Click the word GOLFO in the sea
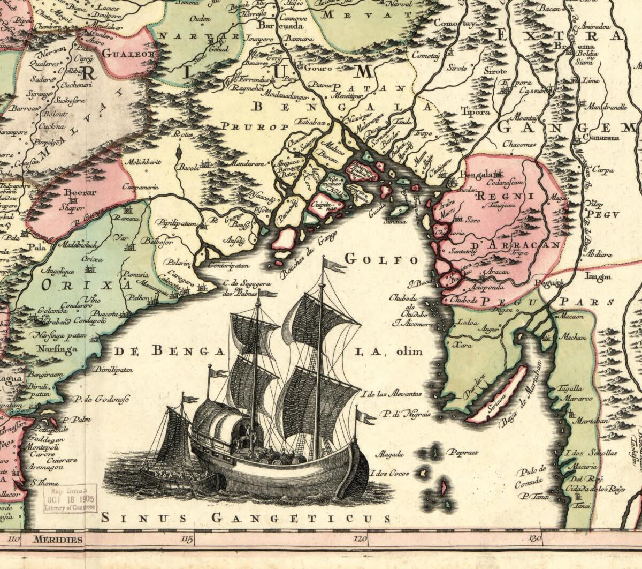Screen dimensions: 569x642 tap(381, 259)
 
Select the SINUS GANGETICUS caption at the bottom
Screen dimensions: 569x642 tap(246, 518)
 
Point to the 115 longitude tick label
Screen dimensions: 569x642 tap(187, 538)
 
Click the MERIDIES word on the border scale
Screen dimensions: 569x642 tap(57, 539)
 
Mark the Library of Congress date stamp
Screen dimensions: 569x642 tap(70, 499)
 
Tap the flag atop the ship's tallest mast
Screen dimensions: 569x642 tap(335, 265)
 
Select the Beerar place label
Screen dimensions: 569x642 tap(80, 193)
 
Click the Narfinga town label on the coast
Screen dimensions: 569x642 tap(57, 349)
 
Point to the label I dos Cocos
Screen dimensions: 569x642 tap(393, 473)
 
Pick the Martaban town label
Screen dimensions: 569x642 tap(591, 421)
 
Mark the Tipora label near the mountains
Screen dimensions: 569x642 tap(475, 113)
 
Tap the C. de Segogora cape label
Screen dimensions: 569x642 tap(247, 283)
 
